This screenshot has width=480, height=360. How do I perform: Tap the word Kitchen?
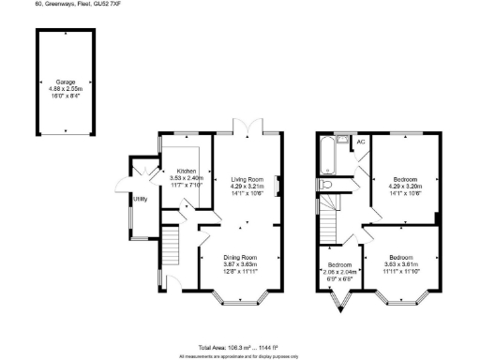click(184, 172)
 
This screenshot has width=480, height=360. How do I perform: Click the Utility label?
click(140, 199)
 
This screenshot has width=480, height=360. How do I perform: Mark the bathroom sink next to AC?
click(343, 142)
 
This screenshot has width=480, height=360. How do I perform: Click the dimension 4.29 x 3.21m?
click(247, 187)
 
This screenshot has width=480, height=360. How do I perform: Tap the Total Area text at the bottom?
click(240, 346)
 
